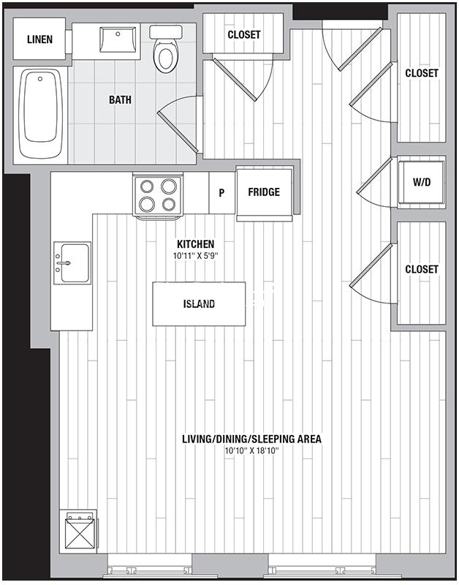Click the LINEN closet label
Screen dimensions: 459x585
39,39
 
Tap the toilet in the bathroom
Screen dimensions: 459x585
166,49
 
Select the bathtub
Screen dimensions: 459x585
40,113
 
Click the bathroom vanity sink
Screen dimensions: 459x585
118,39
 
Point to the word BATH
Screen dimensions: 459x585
120,100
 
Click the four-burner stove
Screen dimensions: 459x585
158,195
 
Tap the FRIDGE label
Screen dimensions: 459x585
264,192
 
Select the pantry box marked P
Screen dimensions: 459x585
222,192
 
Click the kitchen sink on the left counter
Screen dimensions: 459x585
72,263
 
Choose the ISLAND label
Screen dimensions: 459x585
199,304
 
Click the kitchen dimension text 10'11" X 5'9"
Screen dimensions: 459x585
196,257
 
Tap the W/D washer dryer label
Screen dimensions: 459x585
422,182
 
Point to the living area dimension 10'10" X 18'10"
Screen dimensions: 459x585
252,450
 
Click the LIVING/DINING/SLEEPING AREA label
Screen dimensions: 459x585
251,439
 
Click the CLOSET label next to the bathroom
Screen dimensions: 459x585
244,34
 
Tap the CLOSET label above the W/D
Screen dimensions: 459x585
422,73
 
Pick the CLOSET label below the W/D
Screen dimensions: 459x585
422,269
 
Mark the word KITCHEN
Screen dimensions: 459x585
196,244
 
